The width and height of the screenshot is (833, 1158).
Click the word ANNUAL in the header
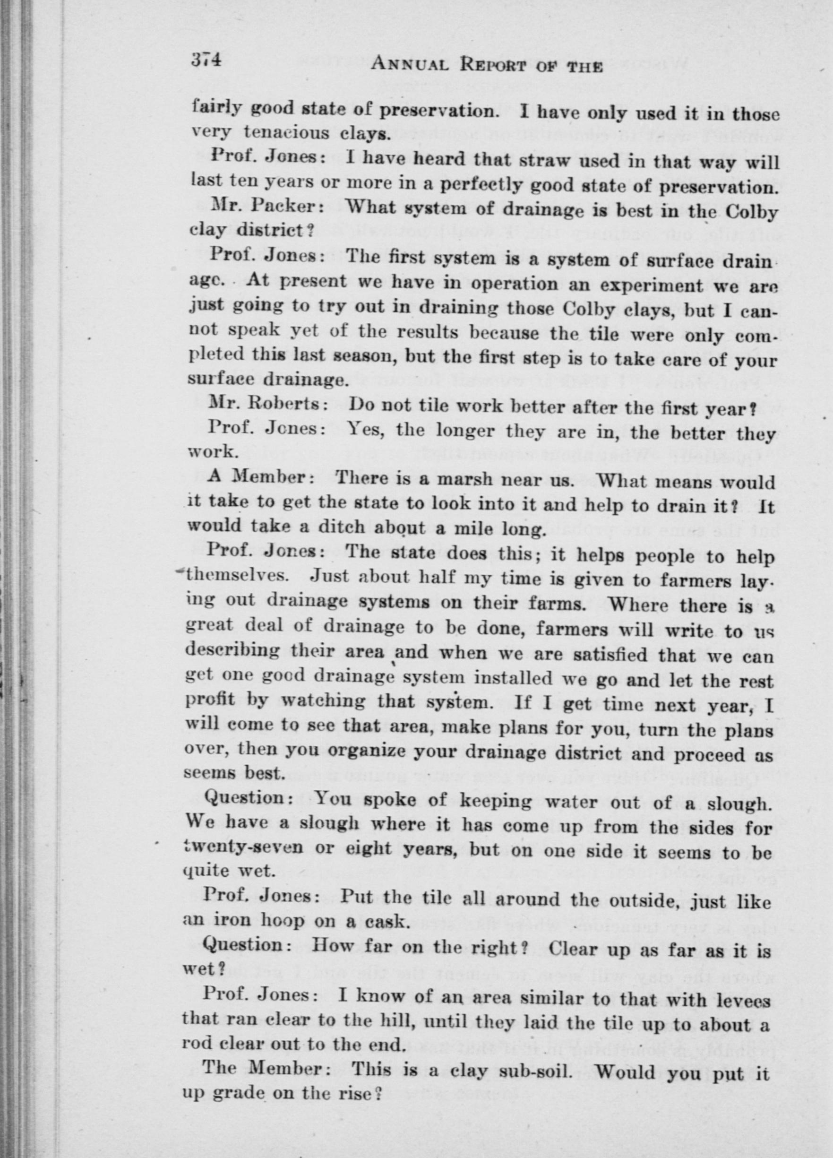pyautogui.click(x=411, y=65)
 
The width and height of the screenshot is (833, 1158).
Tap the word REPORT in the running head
pyautogui.click(x=503, y=66)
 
